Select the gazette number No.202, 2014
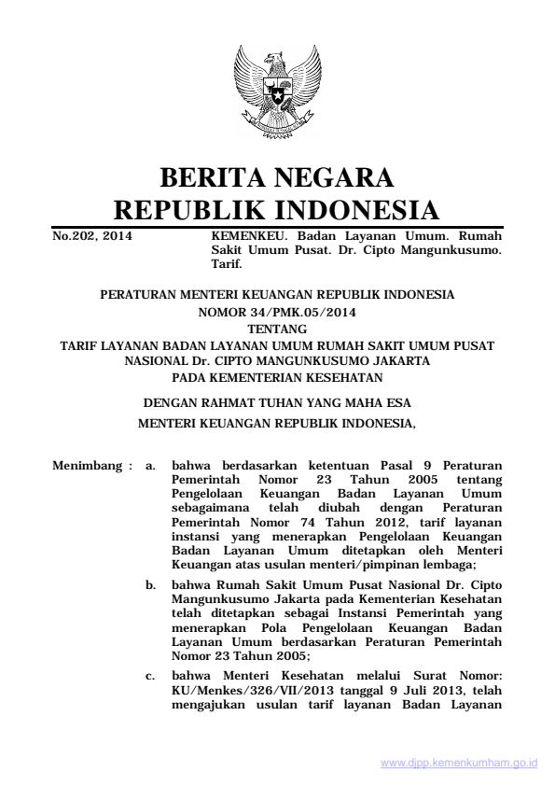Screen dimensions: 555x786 pos(91,237)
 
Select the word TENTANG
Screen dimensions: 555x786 pos(277,329)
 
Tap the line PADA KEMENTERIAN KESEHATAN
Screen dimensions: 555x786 pos(277,377)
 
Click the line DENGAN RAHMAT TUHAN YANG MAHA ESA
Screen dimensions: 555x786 pos(277,403)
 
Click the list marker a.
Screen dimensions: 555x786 pos(151,464)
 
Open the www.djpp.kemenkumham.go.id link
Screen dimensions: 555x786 pos(459,763)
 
